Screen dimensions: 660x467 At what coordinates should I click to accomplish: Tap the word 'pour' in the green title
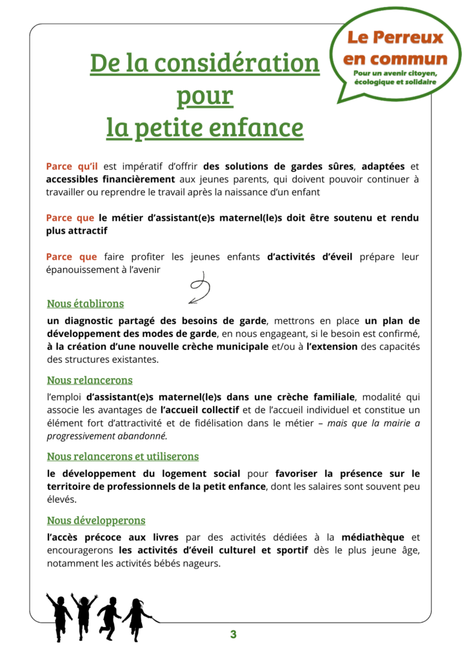point(204,96)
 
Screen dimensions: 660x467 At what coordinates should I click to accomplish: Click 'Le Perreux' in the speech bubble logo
point(395,37)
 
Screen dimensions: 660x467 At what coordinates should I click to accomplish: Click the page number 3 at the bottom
point(234,635)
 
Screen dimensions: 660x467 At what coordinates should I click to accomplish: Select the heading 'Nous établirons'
point(85,304)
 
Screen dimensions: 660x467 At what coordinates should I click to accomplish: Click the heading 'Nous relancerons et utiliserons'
point(123,456)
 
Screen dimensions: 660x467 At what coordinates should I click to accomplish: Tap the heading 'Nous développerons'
point(96,520)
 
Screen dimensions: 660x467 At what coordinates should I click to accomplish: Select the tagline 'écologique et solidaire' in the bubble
point(395,81)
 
